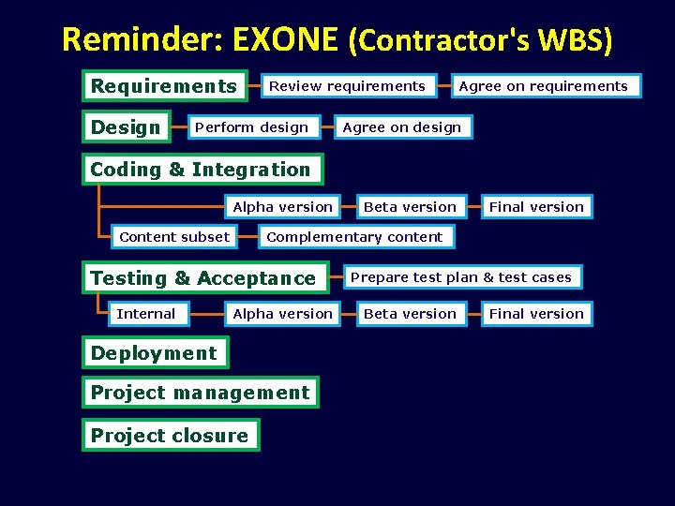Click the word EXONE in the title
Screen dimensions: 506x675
point(285,39)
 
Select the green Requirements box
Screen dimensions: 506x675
point(164,86)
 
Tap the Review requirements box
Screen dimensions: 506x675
point(347,86)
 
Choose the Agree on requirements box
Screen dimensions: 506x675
point(543,86)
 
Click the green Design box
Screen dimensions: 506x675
point(127,127)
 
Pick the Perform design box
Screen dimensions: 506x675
point(251,127)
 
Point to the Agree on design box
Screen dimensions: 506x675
point(402,127)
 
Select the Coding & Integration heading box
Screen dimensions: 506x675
point(201,170)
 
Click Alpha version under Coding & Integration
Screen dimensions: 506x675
point(282,207)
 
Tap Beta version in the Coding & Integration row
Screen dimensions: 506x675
point(410,207)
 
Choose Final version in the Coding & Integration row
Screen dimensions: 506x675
point(536,207)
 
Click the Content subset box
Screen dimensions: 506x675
point(174,237)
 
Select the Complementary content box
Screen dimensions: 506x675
point(354,237)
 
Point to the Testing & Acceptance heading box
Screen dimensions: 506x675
point(203,278)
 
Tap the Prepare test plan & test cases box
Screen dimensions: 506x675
point(460,277)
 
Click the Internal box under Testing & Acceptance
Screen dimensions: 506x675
point(145,314)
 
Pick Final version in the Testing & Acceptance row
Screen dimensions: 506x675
point(536,314)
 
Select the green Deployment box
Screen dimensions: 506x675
point(154,353)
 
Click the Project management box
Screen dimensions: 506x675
point(200,393)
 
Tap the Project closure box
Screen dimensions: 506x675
point(170,436)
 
